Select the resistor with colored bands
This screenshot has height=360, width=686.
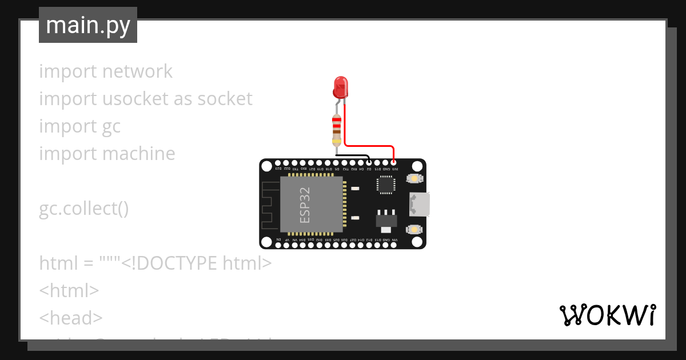point(337,130)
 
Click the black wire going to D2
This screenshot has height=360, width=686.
point(353,155)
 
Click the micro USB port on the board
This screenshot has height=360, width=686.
point(420,205)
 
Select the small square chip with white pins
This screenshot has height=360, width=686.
point(385,184)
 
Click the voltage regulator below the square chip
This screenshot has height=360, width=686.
point(385,219)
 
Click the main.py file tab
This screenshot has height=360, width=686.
point(88,25)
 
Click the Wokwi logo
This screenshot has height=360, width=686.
point(607,315)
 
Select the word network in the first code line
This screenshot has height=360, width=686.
point(137,71)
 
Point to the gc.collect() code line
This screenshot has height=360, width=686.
point(84,209)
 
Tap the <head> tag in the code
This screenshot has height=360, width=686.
point(71,318)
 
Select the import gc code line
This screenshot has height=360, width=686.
point(80,126)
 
